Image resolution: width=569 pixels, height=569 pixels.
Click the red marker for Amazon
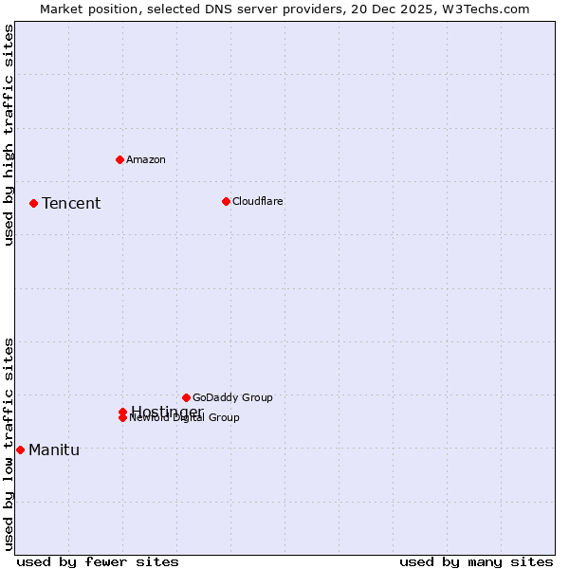click(x=119, y=159)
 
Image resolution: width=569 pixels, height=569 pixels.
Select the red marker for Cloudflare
click(x=226, y=201)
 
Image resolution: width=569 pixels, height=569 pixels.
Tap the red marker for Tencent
click(x=33, y=203)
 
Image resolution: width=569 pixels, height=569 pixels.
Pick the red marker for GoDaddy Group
click(x=186, y=397)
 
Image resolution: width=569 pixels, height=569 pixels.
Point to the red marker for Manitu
click(x=20, y=450)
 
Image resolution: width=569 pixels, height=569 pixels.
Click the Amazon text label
click(x=146, y=159)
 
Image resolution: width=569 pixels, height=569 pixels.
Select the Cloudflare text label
click(x=258, y=201)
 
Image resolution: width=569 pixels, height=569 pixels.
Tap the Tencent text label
click(x=71, y=203)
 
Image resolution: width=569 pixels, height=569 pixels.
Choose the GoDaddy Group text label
click(x=232, y=397)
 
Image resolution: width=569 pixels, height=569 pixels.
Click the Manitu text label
click(x=54, y=450)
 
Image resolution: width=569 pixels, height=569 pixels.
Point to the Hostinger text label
click(x=167, y=411)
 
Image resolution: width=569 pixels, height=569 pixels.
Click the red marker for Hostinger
click(x=122, y=412)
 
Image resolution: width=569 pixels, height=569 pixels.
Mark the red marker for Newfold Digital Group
click(x=122, y=418)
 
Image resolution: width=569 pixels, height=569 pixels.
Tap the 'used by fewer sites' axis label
click(x=98, y=561)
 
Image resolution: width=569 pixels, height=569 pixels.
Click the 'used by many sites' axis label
click(x=476, y=561)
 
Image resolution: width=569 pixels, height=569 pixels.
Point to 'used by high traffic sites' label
click(x=9, y=135)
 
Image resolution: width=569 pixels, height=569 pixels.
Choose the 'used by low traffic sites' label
click(x=9, y=444)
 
